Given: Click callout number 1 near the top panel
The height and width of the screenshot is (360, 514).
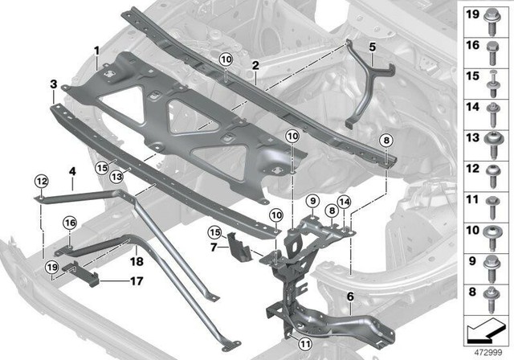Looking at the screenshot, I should click(96, 50).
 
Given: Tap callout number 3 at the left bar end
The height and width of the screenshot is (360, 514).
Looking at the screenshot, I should click(53, 84).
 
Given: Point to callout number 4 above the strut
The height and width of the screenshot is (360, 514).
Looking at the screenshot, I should click(71, 171).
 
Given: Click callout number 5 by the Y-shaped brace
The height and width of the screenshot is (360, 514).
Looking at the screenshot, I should click(372, 47).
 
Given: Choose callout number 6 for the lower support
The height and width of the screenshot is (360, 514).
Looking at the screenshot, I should click(350, 297).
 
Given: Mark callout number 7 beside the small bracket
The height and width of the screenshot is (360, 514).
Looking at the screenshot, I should click(213, 247).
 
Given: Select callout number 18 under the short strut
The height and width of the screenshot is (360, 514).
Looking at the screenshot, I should click(137, 260).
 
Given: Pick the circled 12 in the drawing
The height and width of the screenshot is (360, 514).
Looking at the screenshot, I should click(41, 179).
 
